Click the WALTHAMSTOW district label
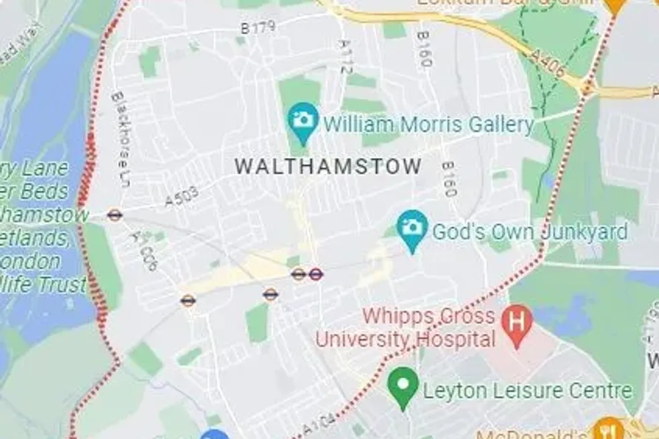coord(328,166)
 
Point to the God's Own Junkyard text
coord(529,232)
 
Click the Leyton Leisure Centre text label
coord(528,391)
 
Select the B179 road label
coord(257,27)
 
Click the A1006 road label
coord(145,252)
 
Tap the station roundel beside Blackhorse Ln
coord(115,215)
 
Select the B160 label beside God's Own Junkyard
coord(449,179)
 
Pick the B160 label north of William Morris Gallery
coord(424,49)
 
